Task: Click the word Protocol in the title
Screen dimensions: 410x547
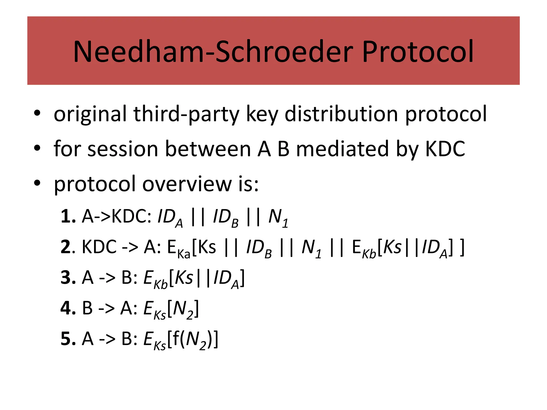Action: click(418, 52)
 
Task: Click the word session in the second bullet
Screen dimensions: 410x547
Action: click(123, 149)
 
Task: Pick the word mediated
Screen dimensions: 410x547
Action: click(343, 149)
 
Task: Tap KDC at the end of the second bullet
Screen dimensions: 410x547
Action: click(445, 149)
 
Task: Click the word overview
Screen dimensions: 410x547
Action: click(187, 184)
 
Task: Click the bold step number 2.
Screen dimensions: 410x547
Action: click(66, 247)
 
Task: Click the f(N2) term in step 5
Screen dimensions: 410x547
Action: click(192, 340)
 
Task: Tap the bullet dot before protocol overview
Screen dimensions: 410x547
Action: click(37, 183)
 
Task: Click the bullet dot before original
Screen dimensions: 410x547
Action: click(37, 113)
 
